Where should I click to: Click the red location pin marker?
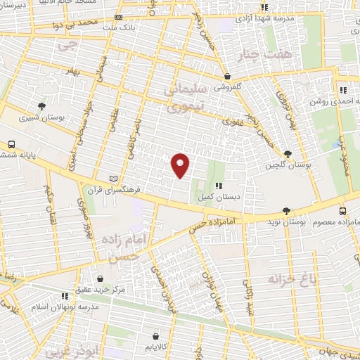point(181,165)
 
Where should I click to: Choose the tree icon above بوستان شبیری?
point(43,107)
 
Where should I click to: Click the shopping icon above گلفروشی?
point(227,77)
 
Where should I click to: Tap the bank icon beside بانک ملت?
point(118,17)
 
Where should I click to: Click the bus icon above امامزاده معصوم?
point(342,211)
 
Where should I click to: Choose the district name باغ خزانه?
point(288,279)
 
